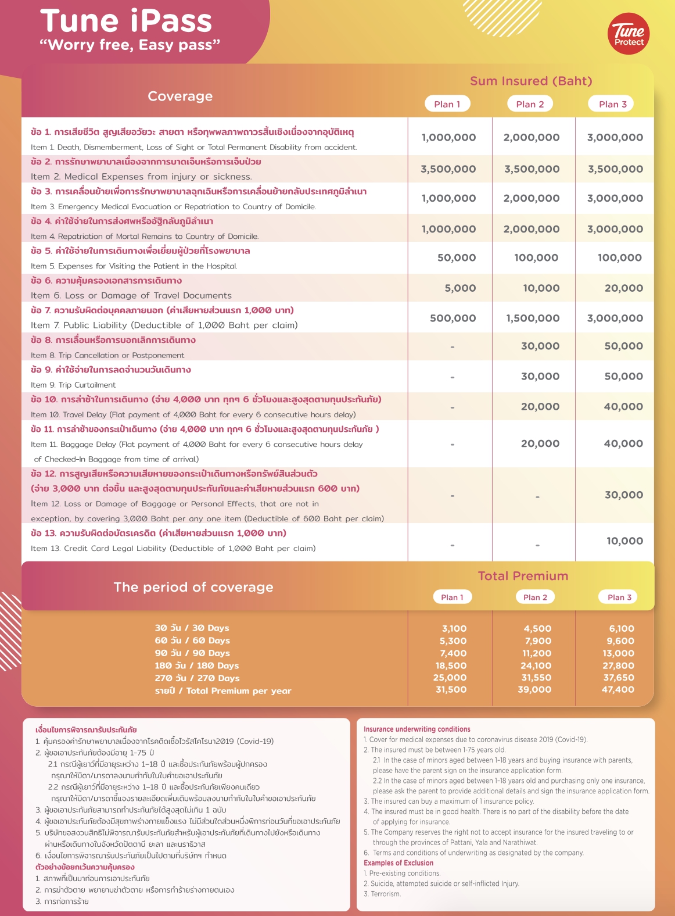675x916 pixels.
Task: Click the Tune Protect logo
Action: (629, 35)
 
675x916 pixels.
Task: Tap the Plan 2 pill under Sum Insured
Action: (530, 104)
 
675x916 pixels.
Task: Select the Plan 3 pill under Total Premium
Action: (619, 597)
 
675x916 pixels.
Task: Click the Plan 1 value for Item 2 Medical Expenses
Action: (448, 169)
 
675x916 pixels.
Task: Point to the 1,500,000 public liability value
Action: (532, 319)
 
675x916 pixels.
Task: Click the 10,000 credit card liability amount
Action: (624, 541)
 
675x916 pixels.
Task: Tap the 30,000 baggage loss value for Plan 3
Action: (623, 495)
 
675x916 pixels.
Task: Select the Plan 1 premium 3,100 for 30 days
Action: (454, 628)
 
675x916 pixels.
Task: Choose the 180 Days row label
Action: (196, 665)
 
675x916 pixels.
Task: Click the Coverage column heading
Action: (180, 96)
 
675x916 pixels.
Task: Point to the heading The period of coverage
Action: (193, 587)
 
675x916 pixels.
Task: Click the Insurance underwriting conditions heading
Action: (417, 729)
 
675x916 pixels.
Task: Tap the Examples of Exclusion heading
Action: (398, 863)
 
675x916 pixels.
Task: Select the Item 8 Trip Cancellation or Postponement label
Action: (107, 355)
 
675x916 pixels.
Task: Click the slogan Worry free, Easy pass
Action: (130, 45)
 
